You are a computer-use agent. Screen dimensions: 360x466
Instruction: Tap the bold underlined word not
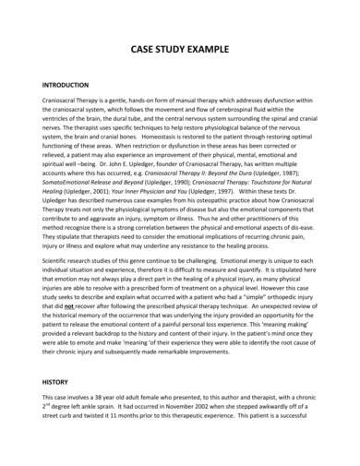tap(66, 317)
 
